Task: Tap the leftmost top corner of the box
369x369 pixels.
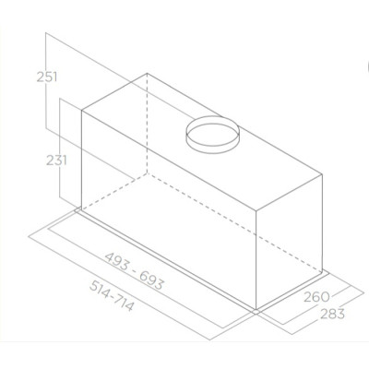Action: [82, 112]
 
